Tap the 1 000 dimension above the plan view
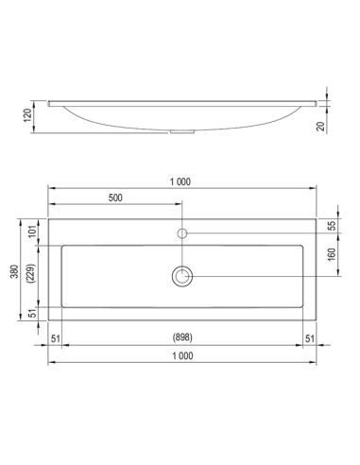181,181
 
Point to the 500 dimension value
115,199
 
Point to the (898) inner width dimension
181,337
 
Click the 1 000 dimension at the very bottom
181,356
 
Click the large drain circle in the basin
182,275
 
